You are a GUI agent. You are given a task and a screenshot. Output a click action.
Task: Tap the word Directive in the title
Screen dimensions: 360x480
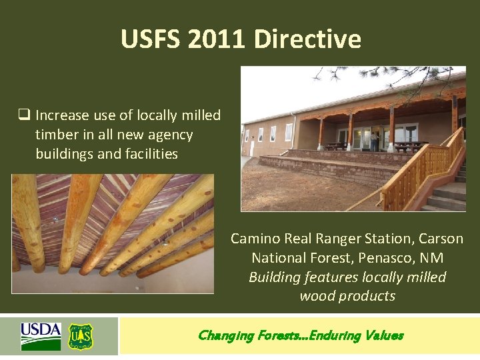click(x=307, y=39)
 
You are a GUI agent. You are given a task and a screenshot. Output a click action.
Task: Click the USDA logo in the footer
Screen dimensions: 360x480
click(x=41, y=335)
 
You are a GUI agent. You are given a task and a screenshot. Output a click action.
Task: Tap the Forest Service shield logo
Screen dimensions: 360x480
click(x=81, y=337)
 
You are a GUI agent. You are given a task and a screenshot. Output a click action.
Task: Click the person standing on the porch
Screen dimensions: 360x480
click(x=375, y=141)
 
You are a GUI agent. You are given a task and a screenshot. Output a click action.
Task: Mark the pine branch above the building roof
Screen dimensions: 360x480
click(x=427, y=77)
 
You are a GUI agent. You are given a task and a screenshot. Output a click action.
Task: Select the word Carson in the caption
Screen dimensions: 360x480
click(x=441, y=239)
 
